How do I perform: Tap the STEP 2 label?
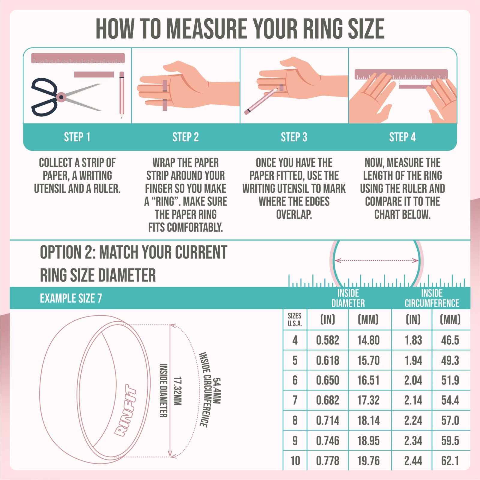pyautogui.click(x=185, y=137)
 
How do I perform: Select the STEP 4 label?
pyautogui.click(x=402, y=137)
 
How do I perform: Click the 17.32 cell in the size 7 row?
pyautogui.click(x=368, y=400)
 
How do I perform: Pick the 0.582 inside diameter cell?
pyautogui.click(x=328, y=340)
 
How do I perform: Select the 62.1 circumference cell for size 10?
pyautogui.click(x=450, y=460)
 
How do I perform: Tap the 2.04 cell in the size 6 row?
pyautogui.click(x=413, y=380)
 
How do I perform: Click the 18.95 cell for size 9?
pyautogui.click(x=368, y=441)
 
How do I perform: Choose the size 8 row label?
pyautogui.click(x=295, y=421)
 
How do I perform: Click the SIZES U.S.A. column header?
pyautogui.click(x=295, y=319)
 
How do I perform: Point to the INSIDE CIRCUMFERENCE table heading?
pyautogui.click(x=432, y=298)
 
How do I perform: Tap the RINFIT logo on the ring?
pyautogui.click(x=125, y=410)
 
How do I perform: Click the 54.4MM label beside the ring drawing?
pyautogui.click(x=217, y=391)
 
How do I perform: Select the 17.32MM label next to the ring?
pyautogui.click(x=178, y=391)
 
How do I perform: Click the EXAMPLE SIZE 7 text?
pyautogui.click(x=71, y=298)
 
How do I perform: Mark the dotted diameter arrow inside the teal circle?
pyautogui.click(x=376, y=260)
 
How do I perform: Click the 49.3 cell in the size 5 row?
pyautogui.click(x=450, y=360)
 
